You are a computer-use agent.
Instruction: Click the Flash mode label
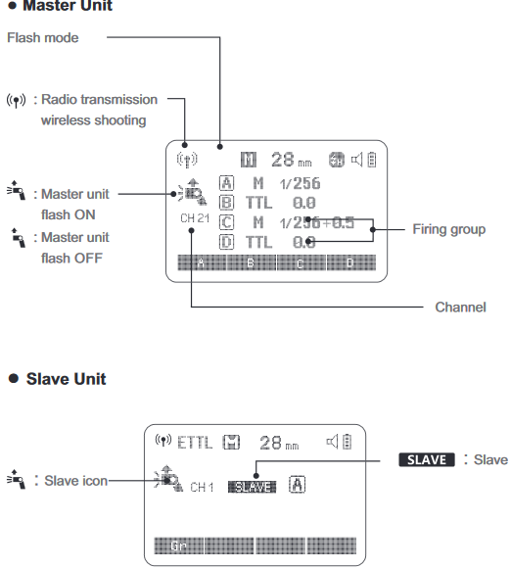(43, 38)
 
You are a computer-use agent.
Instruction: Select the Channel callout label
(460, 308)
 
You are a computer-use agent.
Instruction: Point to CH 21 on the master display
(195, 216)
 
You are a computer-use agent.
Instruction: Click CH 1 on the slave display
(202, 487)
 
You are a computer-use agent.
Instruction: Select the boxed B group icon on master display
(227, 203)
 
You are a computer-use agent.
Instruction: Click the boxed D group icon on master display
(227, 241)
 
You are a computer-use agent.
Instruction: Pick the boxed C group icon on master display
(227, 222)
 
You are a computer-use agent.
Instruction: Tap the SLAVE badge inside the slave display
(252, 487)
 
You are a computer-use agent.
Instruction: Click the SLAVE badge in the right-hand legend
(426, 459)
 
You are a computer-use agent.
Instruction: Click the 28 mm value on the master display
(290, 159)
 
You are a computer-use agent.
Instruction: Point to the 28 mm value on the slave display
(285, 443)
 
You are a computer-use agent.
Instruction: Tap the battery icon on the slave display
(345, 443)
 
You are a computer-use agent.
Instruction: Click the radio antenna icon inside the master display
(186, 159)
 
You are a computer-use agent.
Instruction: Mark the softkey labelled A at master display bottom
(201, 263)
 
